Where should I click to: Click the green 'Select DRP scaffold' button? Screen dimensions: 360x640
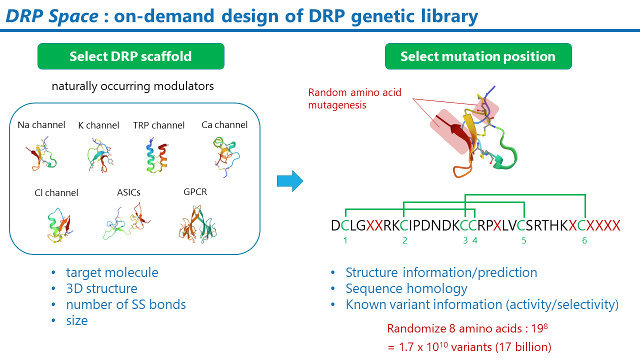point(130,56)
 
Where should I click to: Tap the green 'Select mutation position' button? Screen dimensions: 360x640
point(477,56)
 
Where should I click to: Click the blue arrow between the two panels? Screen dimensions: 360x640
point(290,180)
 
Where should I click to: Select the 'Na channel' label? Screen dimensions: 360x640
point(41,125)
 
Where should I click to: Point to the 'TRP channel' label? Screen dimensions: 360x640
point(158,125)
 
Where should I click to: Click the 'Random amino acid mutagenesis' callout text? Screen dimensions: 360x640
point(354,98)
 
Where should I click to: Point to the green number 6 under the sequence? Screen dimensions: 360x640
point(584,240)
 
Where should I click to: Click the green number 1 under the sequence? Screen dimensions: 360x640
point(345,240)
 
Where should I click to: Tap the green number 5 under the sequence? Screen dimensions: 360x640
point(524,240)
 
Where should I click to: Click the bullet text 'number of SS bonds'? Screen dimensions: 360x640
point(126,304)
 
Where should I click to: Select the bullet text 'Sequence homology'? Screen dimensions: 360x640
point(406,288)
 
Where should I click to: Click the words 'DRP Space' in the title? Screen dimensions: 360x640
point(52,16)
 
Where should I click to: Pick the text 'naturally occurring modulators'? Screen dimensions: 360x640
point(132,86)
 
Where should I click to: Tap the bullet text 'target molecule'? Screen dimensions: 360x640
point(112,272)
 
